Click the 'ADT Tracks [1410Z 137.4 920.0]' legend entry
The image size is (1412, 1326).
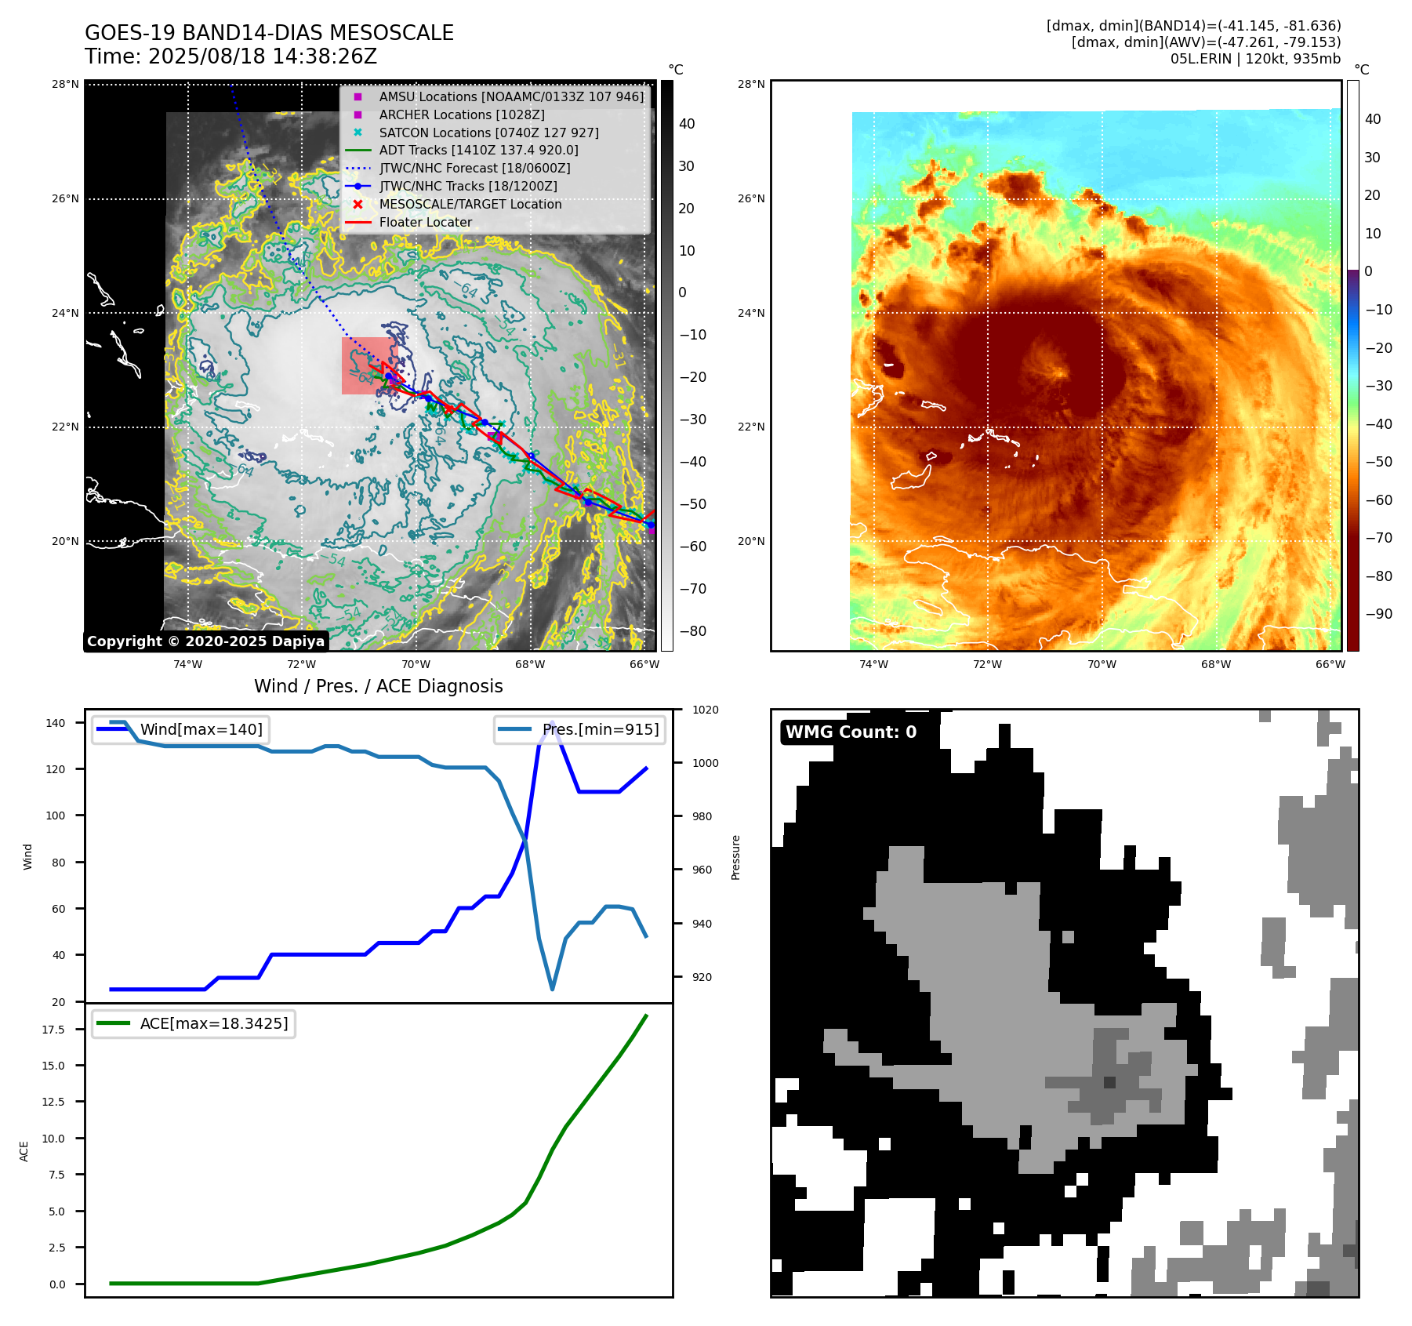[x=478, y=151]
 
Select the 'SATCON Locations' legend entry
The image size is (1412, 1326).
[x=488, y=133]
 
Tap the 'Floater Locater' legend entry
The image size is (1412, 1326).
[x=425, y=223]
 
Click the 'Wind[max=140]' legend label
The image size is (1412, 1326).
[x=201, y=730]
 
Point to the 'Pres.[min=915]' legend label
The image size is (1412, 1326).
[x=600, y=730]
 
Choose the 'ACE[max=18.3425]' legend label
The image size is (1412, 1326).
[x=213, y=1024]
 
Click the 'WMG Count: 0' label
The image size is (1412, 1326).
[x=851, y=732]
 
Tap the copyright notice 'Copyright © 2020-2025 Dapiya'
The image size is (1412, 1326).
[x=205, y=641]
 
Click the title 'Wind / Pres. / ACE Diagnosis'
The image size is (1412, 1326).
[x=378, y=687]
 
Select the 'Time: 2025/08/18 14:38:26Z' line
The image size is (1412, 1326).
[x=231, y=57]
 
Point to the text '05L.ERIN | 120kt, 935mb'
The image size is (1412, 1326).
[x=1255, y=60]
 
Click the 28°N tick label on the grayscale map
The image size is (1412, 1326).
[x=66, y=85]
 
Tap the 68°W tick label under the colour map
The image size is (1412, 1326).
[x=1215, y=665]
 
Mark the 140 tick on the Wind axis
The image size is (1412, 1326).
[x=56, y=723]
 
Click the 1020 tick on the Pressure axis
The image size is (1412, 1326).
[x=705, y=710]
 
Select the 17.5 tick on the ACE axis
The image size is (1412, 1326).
[x=53, y=1030]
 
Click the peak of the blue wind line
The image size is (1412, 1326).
[x=553, y=722]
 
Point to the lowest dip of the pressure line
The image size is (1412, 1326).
[x=552, y=990]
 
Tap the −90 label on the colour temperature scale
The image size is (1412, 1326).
[x=1378, y=614]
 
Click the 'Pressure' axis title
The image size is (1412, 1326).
[x=735, y=857]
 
